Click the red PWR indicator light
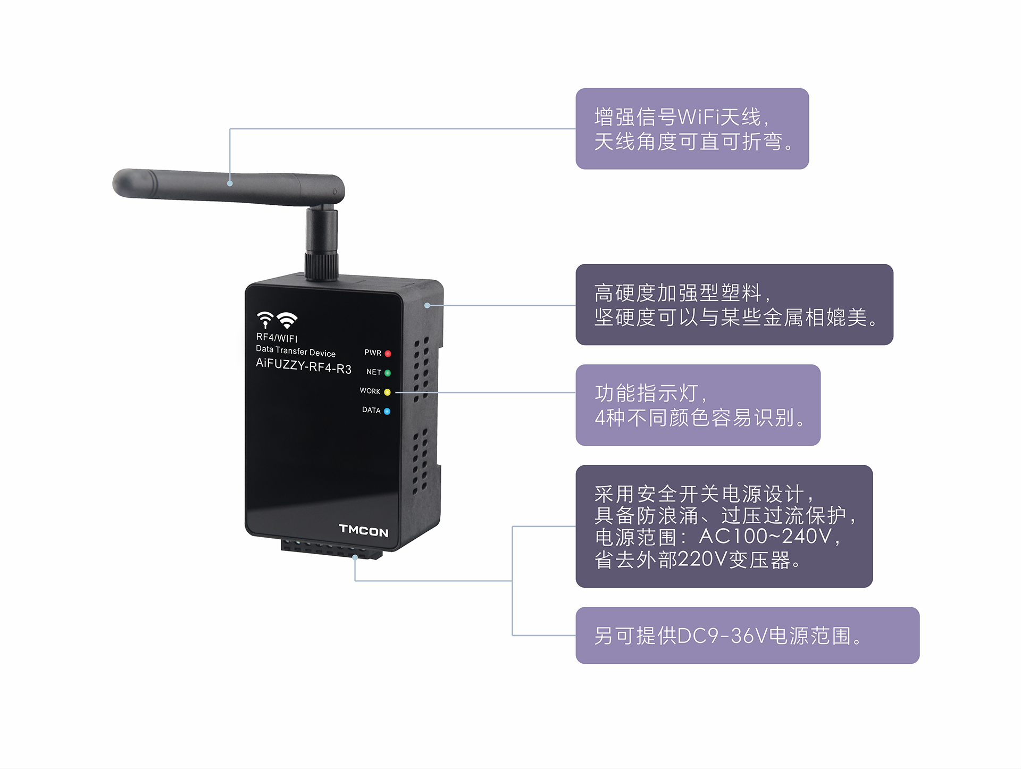[388, 354]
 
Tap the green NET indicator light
[388, 373]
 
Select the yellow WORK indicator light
[387, 392]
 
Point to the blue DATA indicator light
[387, 411]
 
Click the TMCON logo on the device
[364, 530]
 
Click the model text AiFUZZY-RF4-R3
[304, 366]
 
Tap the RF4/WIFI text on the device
[277, 338]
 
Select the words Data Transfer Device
[296, 351]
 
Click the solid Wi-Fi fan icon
[287, 320]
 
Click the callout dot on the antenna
[230, 183]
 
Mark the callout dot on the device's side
[427, 305]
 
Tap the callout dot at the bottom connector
[355, 557]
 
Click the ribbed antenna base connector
[321, 266]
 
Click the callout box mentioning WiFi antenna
[692, 129]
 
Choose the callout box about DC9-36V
[747, 635]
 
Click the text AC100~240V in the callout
[765, 537]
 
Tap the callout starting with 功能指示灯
[698, 405]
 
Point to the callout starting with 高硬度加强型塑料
[734, 304]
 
